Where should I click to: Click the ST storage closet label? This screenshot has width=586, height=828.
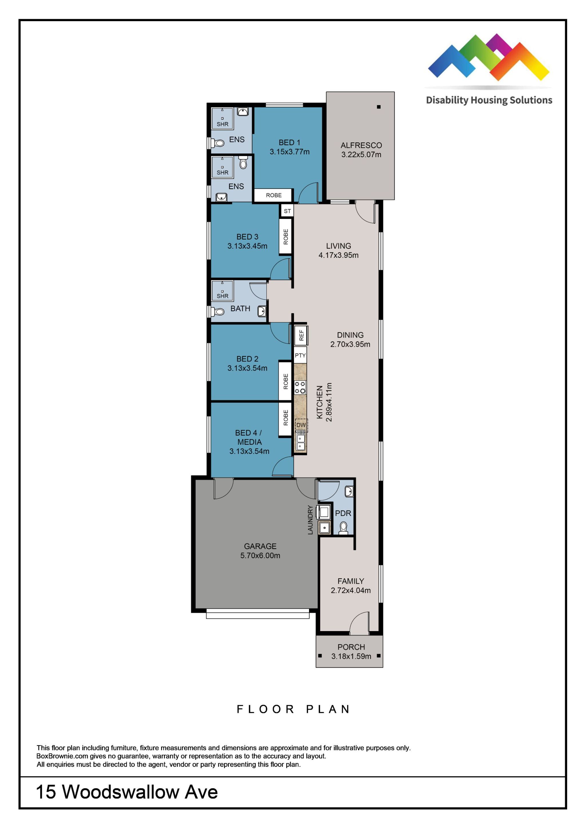coord(287,211)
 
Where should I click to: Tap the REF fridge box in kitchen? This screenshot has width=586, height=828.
coord(301,335)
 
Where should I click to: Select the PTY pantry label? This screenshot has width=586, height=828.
coord(300,355)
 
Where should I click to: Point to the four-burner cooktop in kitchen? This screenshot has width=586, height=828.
coord(300,387)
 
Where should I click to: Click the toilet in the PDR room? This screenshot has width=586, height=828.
coord(343,528)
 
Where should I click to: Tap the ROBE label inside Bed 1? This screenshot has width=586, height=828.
coord(273,195)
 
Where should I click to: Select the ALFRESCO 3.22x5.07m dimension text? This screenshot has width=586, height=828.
coord(361,154)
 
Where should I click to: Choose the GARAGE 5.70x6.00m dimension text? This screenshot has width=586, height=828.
coord(260,555)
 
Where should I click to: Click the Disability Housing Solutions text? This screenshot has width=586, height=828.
coord(489,100)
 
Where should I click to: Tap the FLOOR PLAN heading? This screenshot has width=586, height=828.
coord(293,709)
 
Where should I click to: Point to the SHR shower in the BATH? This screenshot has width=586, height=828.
coord(222,291)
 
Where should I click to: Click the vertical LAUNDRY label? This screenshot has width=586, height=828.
coord(310,520)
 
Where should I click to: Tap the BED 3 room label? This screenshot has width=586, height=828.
coord(247,237)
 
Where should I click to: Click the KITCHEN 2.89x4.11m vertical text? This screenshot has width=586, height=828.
coord(324,402)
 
